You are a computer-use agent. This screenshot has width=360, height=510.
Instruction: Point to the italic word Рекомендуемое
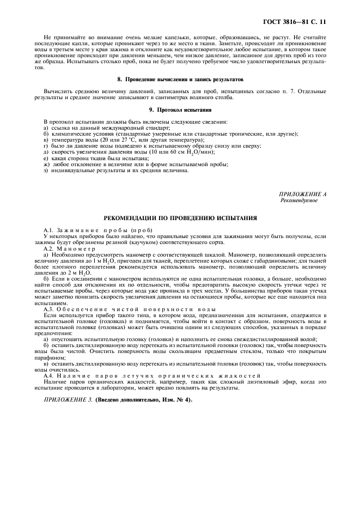click(298, 200)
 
